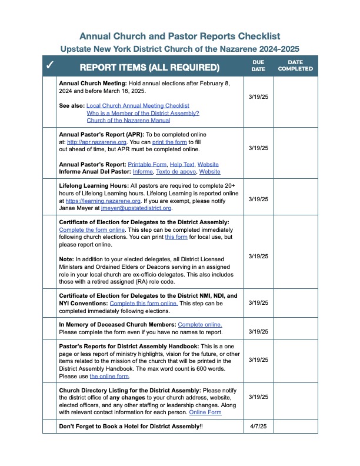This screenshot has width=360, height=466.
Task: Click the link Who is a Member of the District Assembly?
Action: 142,113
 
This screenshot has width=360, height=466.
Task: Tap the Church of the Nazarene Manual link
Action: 128,120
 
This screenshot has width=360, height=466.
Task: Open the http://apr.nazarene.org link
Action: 90,142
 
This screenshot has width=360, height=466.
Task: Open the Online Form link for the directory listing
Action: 205,412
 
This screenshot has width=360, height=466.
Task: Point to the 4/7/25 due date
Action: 258,426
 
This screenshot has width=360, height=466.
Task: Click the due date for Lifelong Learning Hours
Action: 258,199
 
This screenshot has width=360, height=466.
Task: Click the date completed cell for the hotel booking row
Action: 295,426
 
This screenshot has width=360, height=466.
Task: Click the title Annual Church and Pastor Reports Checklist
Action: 179,36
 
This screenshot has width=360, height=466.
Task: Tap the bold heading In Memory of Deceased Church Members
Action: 117,325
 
